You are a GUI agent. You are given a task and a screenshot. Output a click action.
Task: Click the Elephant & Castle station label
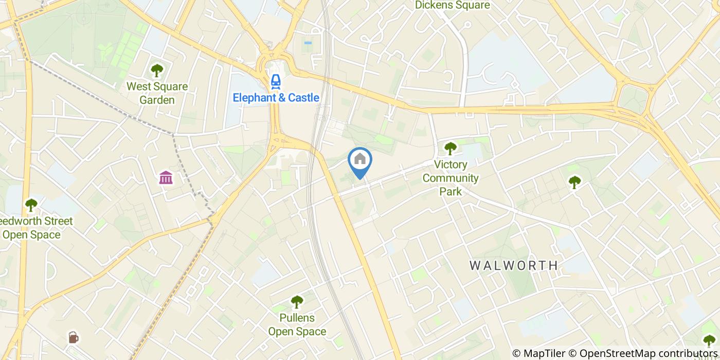[x=276, y=98]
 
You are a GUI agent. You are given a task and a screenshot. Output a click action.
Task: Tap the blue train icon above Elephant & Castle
[x=276, y=81]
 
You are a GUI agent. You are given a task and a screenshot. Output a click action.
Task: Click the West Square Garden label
[x=157, y=93]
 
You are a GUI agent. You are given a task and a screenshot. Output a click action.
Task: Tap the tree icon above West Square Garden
[x=157, y=70]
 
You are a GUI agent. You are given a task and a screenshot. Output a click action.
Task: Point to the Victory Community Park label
[x=451, y=178]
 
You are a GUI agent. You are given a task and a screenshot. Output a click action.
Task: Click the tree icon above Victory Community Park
[x=451, y=149]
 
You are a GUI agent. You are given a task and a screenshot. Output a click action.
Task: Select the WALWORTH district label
[x=514, y=265]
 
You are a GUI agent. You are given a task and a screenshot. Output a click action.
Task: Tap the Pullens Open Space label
[x=297, y=325]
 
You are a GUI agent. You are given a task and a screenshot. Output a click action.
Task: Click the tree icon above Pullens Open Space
[x=297, y=301]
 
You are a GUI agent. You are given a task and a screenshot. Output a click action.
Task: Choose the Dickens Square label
[x=452, y=5]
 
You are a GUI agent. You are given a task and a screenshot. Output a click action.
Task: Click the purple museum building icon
[x=166, y=178]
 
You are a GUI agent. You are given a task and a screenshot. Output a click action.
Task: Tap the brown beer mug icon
[x=74, y=337]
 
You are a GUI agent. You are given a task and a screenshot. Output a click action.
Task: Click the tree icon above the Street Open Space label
[x=31, y=205]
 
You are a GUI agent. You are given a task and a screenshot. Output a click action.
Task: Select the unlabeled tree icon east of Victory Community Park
[x=574, y=181]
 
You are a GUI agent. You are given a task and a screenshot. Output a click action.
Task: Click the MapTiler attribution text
[x=544, y=353]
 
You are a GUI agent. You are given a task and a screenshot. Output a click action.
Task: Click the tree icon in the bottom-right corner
[x=709, y=340]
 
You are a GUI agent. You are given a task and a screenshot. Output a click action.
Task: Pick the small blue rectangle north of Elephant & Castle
[x=308, y=43]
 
